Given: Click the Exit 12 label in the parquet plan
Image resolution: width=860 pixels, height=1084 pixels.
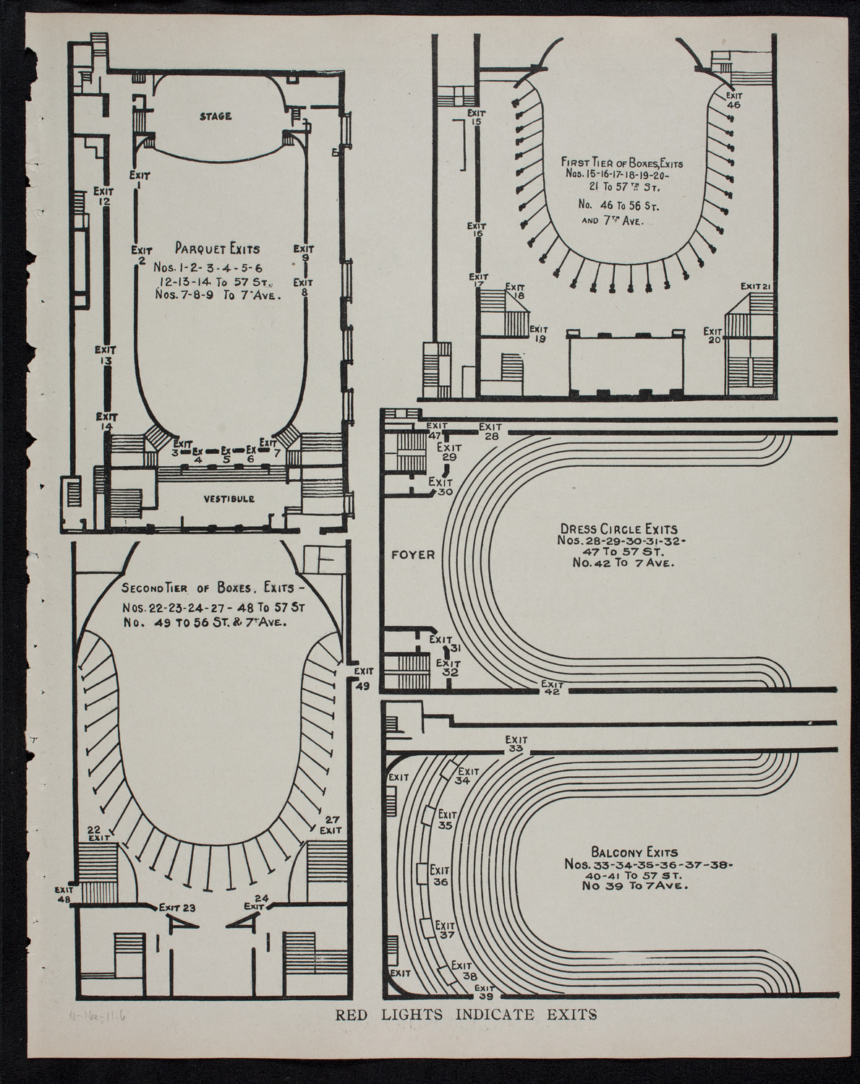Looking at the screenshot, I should (104, 197).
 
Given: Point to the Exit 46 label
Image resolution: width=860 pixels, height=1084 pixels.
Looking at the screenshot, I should (733, 99).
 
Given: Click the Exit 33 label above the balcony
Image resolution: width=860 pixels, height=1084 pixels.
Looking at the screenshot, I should (516, 744).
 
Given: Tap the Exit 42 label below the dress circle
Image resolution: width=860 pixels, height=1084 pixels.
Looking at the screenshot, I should (552, 687).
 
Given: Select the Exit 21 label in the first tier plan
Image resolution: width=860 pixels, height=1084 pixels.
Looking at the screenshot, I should (757, 287).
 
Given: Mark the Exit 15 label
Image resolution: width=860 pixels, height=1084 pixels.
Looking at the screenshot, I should (475, 117).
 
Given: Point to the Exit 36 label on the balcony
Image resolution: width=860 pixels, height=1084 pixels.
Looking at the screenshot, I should (440, 876).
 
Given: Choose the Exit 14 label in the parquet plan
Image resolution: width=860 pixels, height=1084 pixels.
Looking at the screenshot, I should (106, 421).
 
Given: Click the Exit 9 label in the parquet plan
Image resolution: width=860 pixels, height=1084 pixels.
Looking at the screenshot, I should (303, 252).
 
